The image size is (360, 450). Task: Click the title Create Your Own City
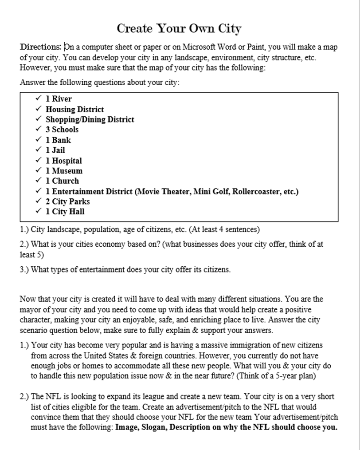pos(179,28)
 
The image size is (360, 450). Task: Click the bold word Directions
pos(40,47)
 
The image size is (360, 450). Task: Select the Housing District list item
pos(74,109)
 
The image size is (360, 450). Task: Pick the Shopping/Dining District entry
pos(90,119)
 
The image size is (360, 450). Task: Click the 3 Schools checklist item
pos(62,130)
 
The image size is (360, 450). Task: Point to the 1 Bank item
pos(58,140)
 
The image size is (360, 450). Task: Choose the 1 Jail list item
pos(55,150)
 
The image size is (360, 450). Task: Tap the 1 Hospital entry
pos(64,161)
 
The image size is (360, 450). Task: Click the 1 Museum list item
pos(64,171)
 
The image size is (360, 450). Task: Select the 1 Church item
pos(62,181)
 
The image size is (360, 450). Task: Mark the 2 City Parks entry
pos(67,201)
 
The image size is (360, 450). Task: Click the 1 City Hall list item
pos(65,212)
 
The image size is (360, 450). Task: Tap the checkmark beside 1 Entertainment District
pos(38,191)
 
